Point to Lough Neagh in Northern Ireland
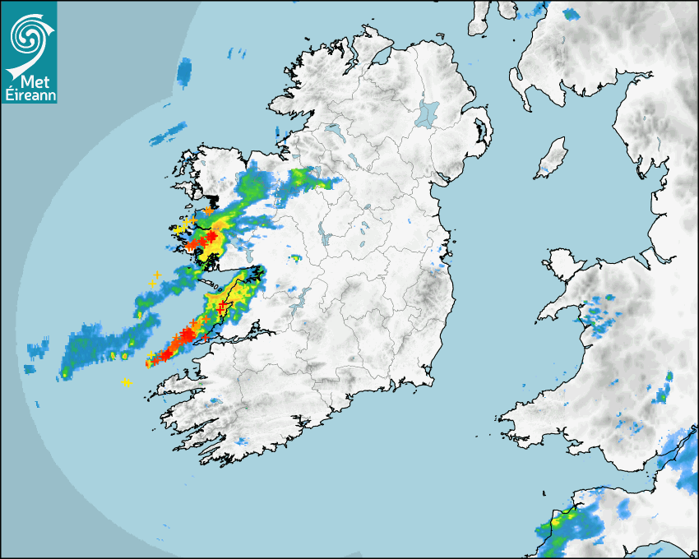point(428,113)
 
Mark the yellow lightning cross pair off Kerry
point(127,382)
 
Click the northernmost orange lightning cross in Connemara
point(208,211)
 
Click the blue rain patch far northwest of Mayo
point(184,72)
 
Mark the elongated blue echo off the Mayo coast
point(168,132)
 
